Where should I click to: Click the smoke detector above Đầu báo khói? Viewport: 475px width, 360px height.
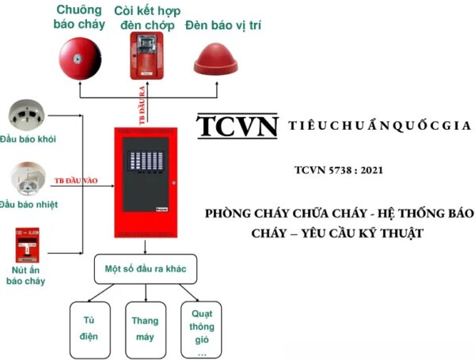pyautogui.click(x=31, y=116)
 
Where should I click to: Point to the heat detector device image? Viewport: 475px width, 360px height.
pyautogui.click(x=31, y=180)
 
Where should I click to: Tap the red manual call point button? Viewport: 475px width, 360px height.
pyautogui.click(x=27, y=246)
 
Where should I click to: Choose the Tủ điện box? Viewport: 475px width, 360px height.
pyautogui.click(x=89, y=328)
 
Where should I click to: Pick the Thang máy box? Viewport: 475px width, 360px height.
pyautogui.click(x=145, y=328)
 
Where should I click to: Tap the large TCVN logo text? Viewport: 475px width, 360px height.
pyautogui.click(x=238, y=127)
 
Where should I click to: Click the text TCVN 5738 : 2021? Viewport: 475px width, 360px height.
pyautogui.click(x=331, y=169)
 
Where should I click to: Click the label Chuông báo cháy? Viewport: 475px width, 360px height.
pyautogui.click(x=78, y=17)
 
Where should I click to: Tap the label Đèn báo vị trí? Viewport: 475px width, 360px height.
pyautogui.click(x=223, y=25)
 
